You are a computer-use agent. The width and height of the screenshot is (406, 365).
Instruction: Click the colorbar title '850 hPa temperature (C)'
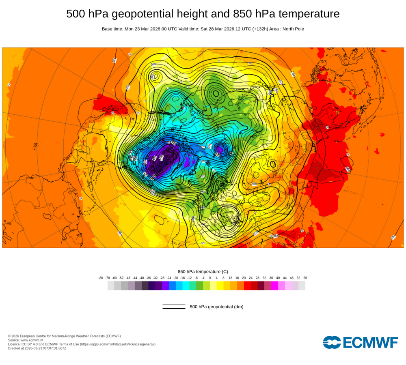[x=203, y=271]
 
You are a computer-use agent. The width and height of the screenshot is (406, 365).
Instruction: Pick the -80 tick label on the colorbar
[x=101, y=278]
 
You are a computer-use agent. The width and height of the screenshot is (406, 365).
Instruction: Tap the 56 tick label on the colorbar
[x=305, y=278]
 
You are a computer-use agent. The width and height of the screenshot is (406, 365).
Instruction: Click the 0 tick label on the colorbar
[x=210, y=278]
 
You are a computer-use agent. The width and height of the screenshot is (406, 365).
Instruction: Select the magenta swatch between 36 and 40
[x=274, y=286]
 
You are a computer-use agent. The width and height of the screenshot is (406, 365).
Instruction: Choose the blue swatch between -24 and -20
[x=172, y=286]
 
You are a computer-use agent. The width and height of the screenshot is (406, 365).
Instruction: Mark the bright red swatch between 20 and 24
[x=247, y=286]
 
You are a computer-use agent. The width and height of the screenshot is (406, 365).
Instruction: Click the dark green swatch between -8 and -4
[x=199, y=286]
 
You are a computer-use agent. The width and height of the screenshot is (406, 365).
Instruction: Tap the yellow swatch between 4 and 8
[x=220, y=286]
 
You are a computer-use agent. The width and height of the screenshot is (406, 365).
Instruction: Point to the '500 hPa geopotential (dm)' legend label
[x=216, y=307]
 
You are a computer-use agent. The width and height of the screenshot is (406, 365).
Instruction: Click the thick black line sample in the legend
[x=174, y=309]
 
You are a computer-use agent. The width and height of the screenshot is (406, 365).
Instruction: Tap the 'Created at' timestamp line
[x=37, y=348]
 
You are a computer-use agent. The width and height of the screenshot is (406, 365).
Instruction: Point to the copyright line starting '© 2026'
[x=64, y=336]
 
